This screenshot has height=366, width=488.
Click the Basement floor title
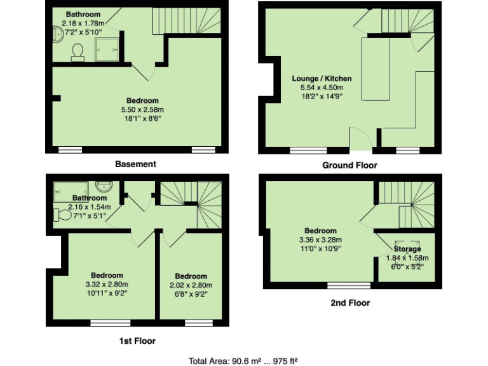point(135,164)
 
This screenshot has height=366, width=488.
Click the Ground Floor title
point(349,165)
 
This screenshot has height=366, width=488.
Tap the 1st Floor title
point(137,341)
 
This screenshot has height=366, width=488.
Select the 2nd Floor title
point(350,303)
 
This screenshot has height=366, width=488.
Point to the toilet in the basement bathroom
point(78,51)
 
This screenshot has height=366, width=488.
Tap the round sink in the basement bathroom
point(57,32)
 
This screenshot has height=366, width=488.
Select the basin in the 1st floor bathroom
point(104,186)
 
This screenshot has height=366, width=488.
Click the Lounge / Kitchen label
point(322,79)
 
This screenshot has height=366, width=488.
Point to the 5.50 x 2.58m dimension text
point(142,110)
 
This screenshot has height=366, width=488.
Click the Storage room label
point(407,249)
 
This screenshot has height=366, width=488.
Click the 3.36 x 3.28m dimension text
point(321,240)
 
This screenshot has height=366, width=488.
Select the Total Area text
point(243,360)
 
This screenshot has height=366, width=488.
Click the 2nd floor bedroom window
point(349,285)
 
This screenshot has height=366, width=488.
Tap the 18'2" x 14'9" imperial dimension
point(322,97)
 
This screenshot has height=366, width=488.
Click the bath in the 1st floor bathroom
point(72,189)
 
